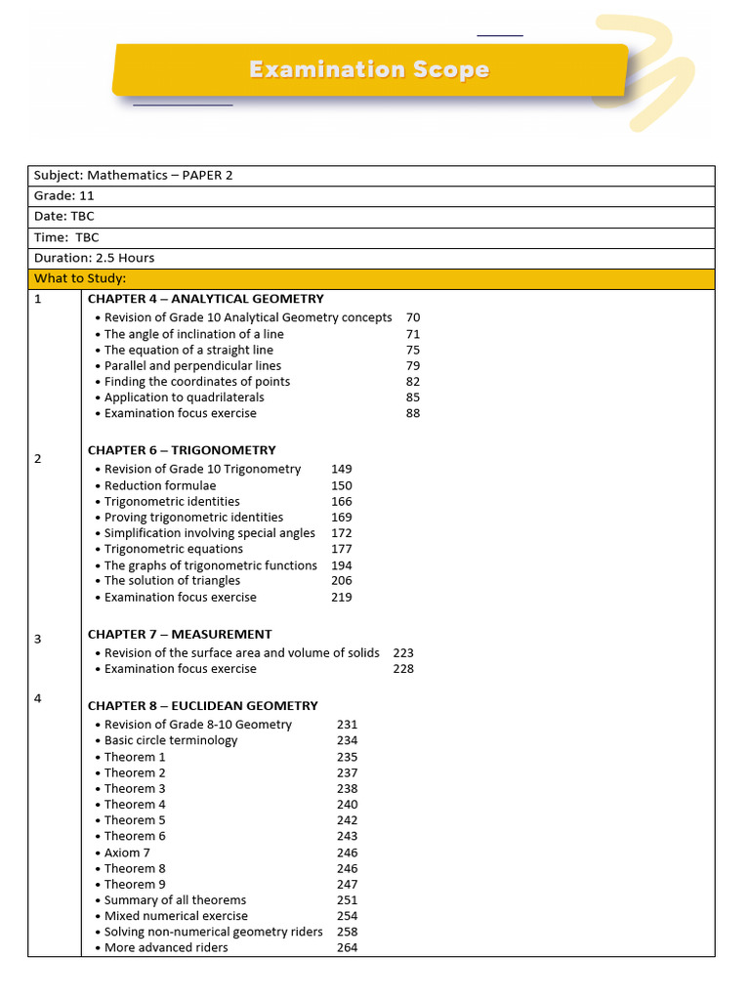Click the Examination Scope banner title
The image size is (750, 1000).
tap(368, 70)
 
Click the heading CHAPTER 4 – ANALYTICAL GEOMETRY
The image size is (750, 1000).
tap(205, 299)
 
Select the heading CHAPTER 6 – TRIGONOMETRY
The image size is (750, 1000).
tap(182, 450)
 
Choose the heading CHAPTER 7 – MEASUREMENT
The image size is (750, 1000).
tap(180, 634)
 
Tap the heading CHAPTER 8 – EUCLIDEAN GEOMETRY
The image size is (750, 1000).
tap(202, 705)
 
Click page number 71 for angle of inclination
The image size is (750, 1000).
tap(413, 334)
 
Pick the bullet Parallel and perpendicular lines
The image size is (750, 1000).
tap(192, 366)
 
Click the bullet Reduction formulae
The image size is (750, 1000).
tap(160, 485)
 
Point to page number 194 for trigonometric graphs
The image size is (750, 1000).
tap(342, 565)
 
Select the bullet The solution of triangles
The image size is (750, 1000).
tap(172, 581)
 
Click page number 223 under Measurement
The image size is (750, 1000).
tap(403, 652)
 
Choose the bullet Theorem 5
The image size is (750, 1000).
tap(135, 820)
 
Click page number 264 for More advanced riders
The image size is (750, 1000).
tap(347, 947)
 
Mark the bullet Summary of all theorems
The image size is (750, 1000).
tap(175, 900)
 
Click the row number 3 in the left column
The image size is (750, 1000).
tap(38, 640)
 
